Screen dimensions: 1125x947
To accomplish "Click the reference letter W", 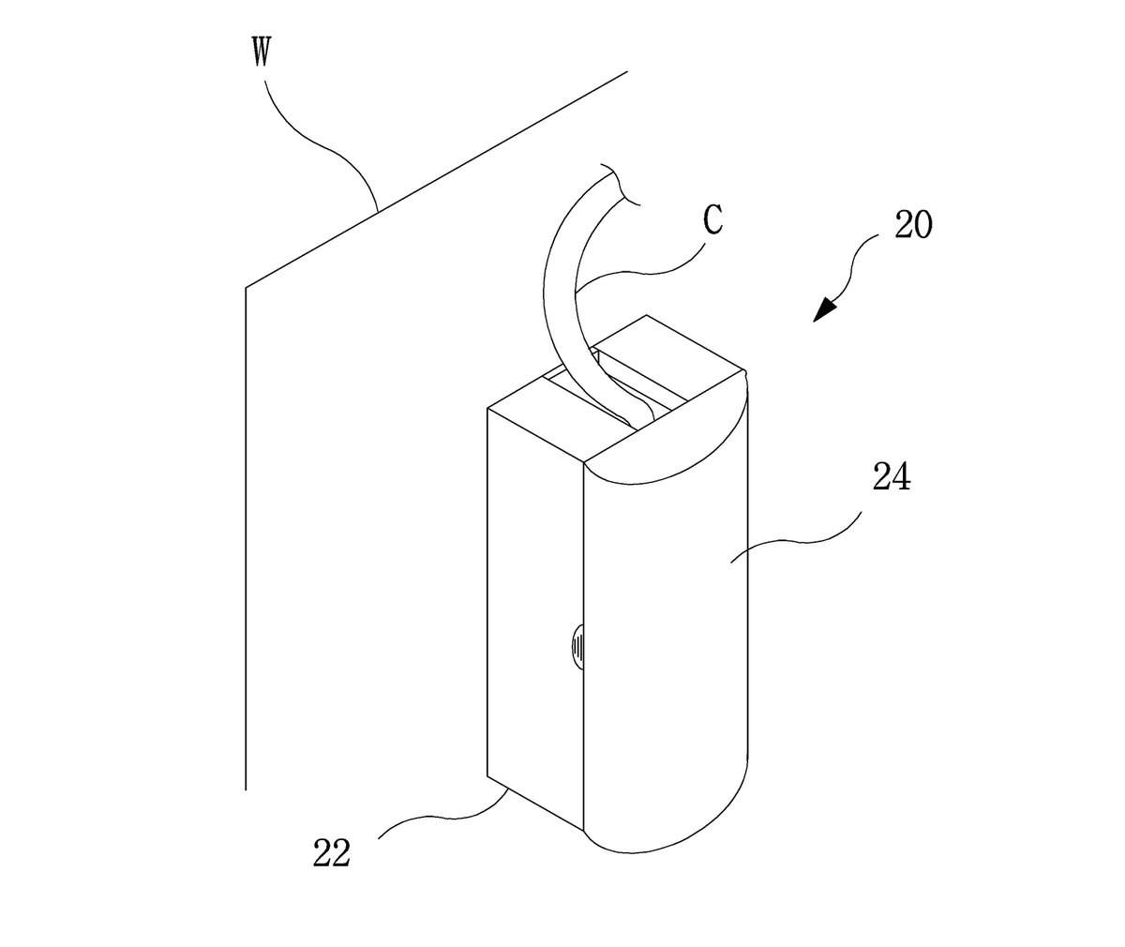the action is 262,53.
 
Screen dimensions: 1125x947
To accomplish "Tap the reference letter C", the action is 712,220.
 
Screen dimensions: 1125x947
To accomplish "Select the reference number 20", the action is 913,225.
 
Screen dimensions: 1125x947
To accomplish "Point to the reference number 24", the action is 892,476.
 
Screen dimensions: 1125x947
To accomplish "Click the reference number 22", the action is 332,852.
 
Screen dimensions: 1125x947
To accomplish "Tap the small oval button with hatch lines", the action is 578,646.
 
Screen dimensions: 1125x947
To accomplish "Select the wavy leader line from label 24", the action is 796,539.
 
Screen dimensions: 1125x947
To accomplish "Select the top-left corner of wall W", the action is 247,287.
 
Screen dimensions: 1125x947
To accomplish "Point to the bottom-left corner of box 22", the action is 487,776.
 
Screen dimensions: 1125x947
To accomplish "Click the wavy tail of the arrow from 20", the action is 854,265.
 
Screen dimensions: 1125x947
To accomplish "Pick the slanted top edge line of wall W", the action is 437,179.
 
